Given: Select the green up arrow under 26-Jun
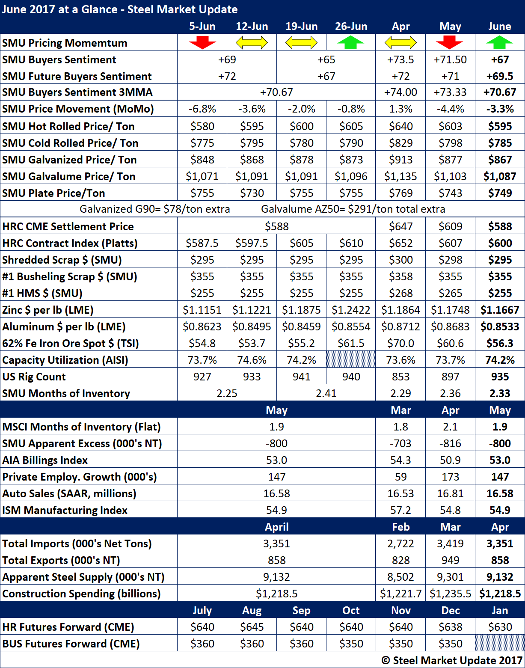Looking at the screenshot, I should point(351,43).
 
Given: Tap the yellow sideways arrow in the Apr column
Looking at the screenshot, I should point(400,43).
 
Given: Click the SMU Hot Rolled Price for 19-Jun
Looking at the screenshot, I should point(301,126).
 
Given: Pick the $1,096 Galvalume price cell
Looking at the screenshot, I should point(351,176).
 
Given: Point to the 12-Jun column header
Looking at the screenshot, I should point(252,27).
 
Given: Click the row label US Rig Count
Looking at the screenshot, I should point(34,377).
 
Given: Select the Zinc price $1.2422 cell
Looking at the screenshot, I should point(351,310).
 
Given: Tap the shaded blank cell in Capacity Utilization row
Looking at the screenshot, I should point(351,360).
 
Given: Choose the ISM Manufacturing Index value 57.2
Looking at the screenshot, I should point(400,510).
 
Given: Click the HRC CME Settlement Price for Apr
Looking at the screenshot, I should point(400,226).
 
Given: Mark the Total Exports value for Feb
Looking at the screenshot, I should point(400,560).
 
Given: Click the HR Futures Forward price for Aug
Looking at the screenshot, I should point(252,627).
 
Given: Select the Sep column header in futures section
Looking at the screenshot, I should point(301,610).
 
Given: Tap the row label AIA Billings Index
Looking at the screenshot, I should point(45,460).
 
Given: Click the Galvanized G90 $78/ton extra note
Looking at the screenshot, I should point(155,209).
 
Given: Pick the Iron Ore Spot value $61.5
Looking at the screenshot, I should point(351,343).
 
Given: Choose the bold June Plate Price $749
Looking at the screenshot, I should point(500,193).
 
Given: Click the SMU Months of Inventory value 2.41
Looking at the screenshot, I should point(326,393).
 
